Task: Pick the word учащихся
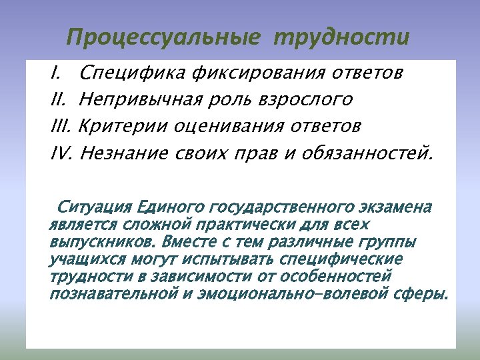point(80,259)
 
